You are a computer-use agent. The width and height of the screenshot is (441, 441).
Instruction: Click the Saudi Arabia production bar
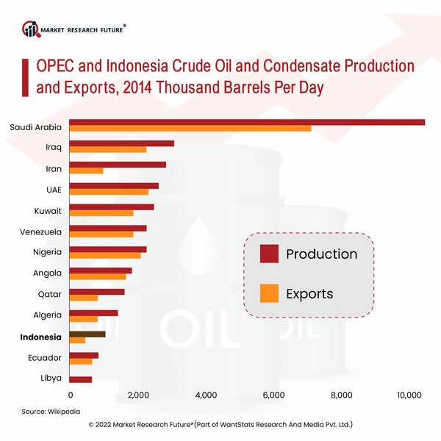pos(247,122)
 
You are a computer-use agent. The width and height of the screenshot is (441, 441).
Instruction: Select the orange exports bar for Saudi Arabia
pos(190,129)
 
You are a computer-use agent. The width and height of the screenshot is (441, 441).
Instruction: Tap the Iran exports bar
pos(86,171)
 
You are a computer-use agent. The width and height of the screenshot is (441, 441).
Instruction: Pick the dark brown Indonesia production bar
pos(87,334)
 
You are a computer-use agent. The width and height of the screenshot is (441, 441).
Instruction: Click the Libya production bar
pos(81,379)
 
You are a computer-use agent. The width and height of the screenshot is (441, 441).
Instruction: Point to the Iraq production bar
pos(121,143)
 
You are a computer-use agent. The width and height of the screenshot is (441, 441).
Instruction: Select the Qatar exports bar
pos(83,298)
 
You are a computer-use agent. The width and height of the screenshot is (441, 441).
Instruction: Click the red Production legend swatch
pos(269,254)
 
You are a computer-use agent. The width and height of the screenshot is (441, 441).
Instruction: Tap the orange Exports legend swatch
pos(269,293)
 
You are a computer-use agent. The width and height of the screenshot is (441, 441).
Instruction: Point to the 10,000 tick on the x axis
pos(409,395)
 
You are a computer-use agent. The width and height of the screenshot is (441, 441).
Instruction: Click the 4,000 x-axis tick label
pos(206,395)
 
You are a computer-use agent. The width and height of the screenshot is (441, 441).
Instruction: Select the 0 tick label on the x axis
pos(70,395)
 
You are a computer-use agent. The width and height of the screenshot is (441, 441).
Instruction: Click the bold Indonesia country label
pos(40,337)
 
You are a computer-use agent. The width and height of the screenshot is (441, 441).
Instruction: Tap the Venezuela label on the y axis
pos(40,232)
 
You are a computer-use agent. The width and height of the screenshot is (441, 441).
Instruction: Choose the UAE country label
pos(54,190)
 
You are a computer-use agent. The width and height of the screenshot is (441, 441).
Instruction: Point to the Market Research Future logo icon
pos(31,29)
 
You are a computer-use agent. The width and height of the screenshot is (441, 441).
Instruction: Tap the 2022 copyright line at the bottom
pos(220,425)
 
